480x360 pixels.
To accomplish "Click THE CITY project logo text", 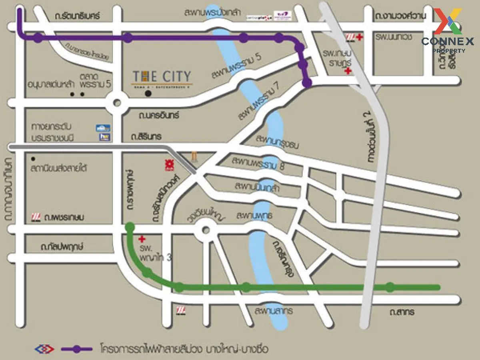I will pyautogui.click(x=162, y=76).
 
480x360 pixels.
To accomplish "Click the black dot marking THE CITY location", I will pyautogui.click(x=148, y=94).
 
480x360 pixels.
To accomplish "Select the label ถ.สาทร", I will pyautogui.click(x=403, y=312).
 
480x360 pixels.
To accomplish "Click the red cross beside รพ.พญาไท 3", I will pyautogui.click(x=141, y=239).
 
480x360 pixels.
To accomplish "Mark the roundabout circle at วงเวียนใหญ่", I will pyautogui.click(x=206, y=230).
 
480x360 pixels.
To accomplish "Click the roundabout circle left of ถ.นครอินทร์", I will pyautogui.click(x=117, y=102).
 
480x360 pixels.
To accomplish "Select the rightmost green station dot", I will pyautogui.click(x=390, y=287).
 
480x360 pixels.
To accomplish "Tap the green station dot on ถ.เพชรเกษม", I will pyautogui.click(x=130, y=227).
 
